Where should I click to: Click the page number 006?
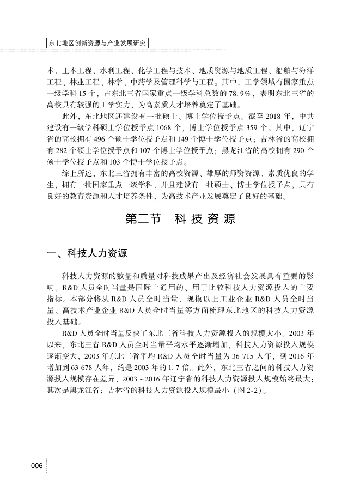pyautogui.click(x=36, y=465)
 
